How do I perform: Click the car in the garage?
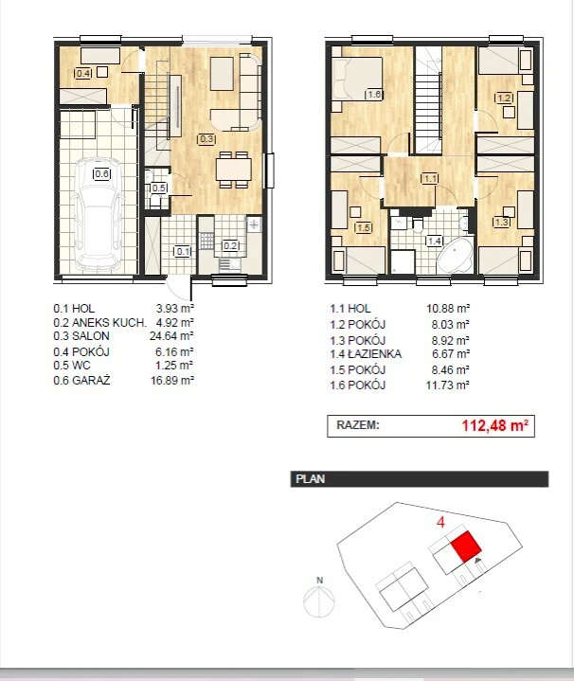[98, 215]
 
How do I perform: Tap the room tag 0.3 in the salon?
[206, 139]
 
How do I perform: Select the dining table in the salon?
[234, 170]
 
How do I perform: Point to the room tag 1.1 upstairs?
[430, 178]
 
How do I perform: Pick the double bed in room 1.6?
[357, 79]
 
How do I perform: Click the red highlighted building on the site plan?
[466, 547]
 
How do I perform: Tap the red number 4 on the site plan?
[440, 522]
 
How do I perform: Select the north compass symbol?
[319, 598]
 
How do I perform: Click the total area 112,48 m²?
[495, 425]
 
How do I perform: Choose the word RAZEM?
[358, 424]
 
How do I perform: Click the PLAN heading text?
[310, 479]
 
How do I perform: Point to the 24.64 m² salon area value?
[171, 335]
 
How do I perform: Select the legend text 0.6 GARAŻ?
[81, 381]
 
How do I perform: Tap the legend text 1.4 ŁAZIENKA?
[366, 354]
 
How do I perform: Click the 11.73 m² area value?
[448, 385]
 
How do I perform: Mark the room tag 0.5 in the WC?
[158, 188]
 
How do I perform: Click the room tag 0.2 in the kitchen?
[230, 246]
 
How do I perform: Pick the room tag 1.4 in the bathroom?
[435, 241]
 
